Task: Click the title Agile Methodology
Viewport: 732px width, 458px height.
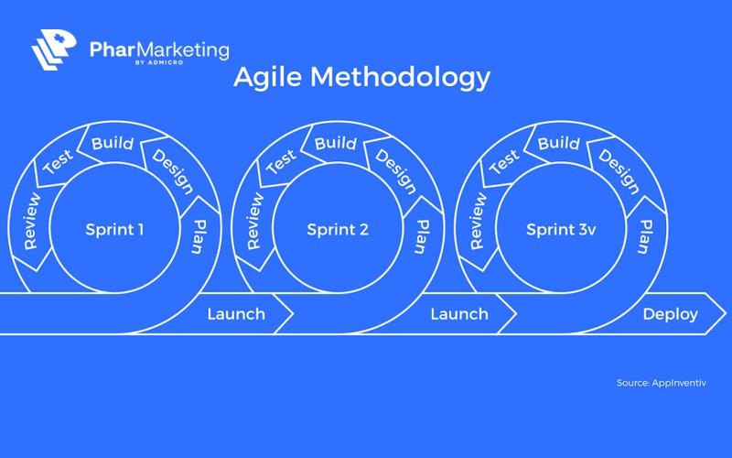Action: click(x=361, y=79)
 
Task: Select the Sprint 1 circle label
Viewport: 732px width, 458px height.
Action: click(x=114, y=229)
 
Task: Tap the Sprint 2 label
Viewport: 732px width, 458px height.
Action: click(x=338, y=229)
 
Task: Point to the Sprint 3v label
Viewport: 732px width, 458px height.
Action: click(x=561, y=229)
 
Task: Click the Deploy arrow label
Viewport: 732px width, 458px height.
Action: click(x=670, y=314)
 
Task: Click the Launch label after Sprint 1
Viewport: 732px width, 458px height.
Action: click(x=236, y=314)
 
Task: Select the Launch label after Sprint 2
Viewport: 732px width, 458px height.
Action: click(x=459, y=314)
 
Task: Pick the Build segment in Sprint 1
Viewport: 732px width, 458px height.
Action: click(x=113, y=144)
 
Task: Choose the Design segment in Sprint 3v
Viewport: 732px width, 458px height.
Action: click(x=619, y=171)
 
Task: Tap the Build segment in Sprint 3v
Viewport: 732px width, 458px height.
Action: click(x=559, y=144)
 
